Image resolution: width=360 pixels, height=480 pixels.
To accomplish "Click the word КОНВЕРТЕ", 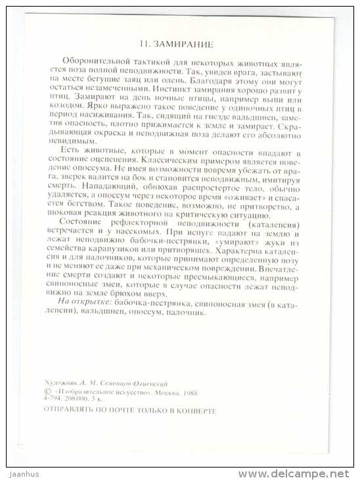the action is (x=195, y=409).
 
